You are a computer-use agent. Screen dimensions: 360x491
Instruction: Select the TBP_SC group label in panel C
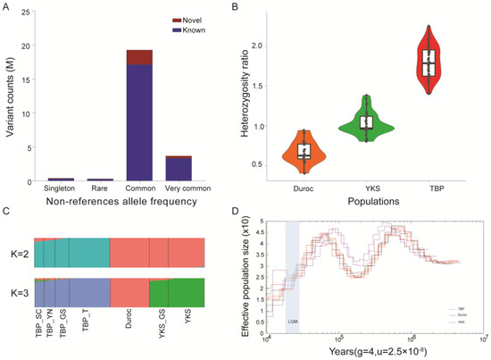pos(41,322)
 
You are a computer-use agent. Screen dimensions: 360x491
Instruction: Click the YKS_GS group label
pos(158,322)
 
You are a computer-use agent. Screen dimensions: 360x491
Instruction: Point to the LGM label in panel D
pos(292,319)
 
